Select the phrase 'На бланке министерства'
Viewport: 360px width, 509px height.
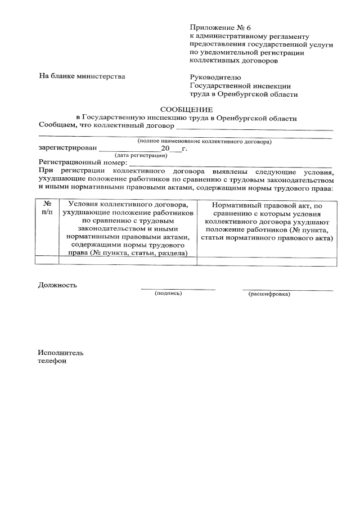coord(82,75)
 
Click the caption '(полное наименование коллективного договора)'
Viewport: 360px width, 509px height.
coord(205,141)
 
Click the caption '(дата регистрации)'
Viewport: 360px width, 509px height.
coord(141,155)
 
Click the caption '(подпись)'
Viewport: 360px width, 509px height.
coord(169,294)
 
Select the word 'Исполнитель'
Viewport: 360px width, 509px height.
coord(61,353)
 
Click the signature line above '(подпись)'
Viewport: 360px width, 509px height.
coord(178,289)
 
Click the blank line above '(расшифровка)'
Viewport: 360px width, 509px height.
coord(287,289)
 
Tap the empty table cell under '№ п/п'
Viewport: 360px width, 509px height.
coord(47,260)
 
